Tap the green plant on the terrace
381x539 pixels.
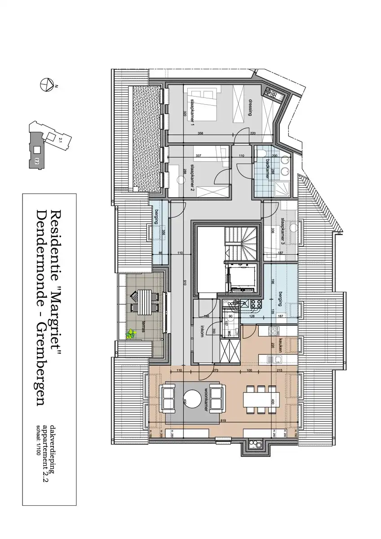[131, 334]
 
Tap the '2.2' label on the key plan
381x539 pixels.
[36, 160]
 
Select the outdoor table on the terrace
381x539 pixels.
[144, 302]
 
